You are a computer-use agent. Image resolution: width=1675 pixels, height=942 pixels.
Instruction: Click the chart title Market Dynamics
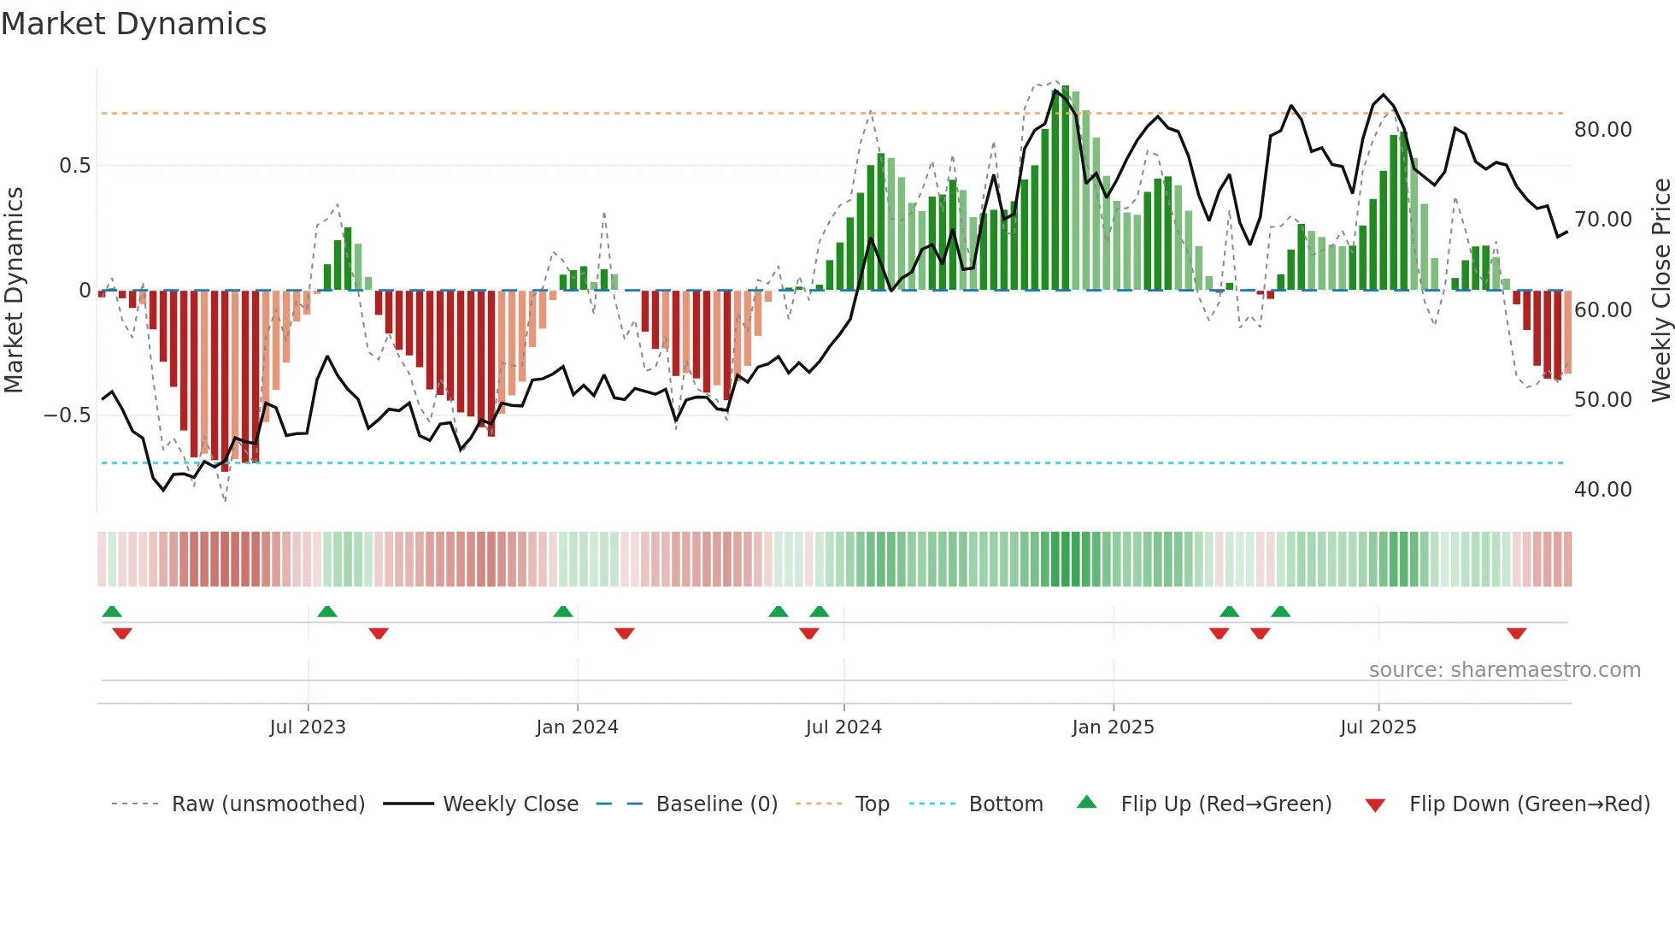(133, 24)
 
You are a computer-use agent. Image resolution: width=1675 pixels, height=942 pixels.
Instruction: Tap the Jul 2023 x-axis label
(308, 727)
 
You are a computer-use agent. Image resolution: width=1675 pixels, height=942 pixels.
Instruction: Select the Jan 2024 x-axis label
(577, 727)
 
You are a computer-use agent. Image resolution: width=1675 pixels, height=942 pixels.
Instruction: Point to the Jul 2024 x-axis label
(843, 727)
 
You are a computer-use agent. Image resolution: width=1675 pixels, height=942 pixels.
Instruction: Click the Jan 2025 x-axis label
(1113, 727)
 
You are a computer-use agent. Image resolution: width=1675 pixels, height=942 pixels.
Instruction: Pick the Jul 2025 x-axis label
(1378, 727)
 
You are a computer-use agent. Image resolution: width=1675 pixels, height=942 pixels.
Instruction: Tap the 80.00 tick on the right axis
(1602, 129)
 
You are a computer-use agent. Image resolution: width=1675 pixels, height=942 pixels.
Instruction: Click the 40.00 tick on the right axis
(1602, 489)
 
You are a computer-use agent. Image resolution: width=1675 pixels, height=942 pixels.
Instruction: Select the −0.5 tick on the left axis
(67, 415)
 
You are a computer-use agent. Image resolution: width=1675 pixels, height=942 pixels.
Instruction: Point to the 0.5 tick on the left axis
(74, 165)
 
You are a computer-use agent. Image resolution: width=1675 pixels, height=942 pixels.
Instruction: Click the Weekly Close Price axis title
(1660, 290)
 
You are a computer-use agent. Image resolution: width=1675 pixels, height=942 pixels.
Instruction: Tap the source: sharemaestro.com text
(1504, 669)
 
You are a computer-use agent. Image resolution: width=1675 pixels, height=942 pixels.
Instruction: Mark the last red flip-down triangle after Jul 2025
(1516, 633)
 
